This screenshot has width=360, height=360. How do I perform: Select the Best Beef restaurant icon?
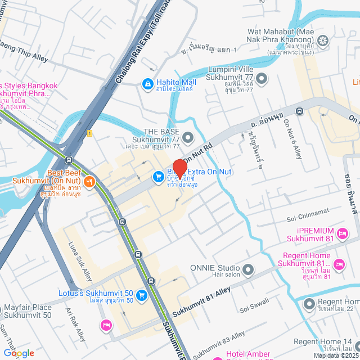pyautogui.click(x=89, y=182)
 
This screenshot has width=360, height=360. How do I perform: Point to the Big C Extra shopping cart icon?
pyautogui.click(x=159, y=177)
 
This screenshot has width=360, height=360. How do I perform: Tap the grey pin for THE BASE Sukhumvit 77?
pyautogui.click(x=188, y=137)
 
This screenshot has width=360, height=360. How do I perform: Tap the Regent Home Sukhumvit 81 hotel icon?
pyautogui.click(x=339, y=264)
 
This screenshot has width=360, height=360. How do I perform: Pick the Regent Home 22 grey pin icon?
pyautogui.click(x=309, y=304)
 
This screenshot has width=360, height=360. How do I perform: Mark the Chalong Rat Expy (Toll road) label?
pyautogui.click(x=143, y=43)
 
